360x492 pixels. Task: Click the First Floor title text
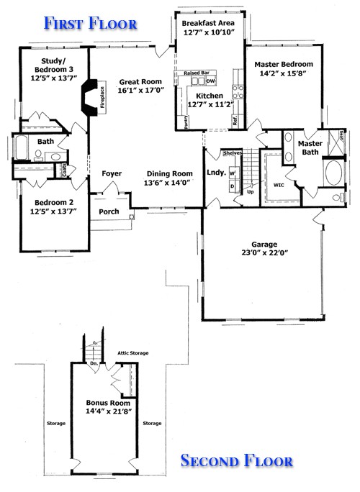coord(90,23)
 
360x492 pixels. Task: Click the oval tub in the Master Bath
coord(335,173)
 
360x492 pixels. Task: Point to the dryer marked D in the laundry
coord(232,187)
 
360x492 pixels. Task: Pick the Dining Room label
coord(170,173)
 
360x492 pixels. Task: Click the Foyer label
coord(111,173)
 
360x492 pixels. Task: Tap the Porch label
coord(109,212)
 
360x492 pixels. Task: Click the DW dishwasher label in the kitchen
coord(211,81)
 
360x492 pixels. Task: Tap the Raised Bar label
coord(195,73)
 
